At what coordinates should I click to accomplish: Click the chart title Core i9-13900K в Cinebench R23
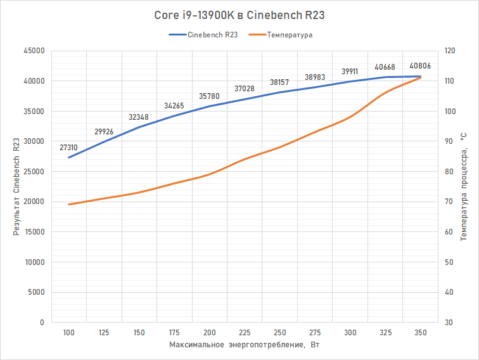(x=239, y=15)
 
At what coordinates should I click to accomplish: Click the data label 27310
(x=69, y=147)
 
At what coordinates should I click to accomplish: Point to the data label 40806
(x=421, y=66)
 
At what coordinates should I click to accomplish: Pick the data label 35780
(x=210, y=96)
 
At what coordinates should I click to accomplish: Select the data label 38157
(x=280, y=82)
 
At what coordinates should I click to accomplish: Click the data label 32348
(x=139, y=117)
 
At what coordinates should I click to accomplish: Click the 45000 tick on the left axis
(x=34, y=51)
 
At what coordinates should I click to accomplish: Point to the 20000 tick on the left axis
(x=34, y=202)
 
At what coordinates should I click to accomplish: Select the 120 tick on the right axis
(x=450, y=51)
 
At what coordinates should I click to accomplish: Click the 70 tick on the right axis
(x=449, y=202)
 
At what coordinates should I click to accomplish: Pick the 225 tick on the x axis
(x=245, y=333)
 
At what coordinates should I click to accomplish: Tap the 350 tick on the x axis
(x=420, y=333)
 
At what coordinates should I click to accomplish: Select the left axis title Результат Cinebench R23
(x=16, y=186)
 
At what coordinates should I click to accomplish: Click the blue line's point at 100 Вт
(x=69, y=157)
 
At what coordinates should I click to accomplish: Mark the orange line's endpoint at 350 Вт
(x=420, y=77)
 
